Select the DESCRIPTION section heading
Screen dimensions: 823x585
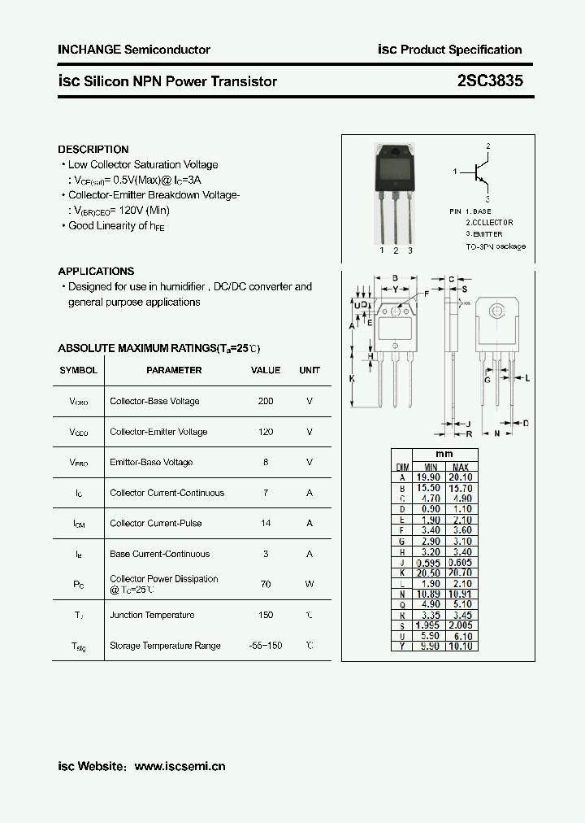(93, 150)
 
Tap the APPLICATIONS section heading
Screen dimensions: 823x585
(96, 272)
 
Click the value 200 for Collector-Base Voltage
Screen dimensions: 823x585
(266, 401)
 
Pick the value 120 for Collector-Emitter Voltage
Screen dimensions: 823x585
(266, 432)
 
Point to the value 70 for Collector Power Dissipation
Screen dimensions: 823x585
(266, 584)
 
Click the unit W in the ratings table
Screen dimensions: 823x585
(310, 584)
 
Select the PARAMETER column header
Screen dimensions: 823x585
(174, 370)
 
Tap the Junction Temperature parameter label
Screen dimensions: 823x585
(152, 615)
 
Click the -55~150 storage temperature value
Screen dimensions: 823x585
(266, 645)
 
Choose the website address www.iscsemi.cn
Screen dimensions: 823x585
(180, 766)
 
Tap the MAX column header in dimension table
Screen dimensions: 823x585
(460, 466)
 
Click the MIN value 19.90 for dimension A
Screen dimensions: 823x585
(428, 477)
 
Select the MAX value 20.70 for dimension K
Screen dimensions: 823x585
(460, 573)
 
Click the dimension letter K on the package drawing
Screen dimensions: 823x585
(352, 379)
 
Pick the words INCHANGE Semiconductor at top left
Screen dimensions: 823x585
(134, 50)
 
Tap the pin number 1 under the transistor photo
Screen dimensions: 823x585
(381, 250)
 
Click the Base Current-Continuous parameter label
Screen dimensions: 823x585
(159, 554)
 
